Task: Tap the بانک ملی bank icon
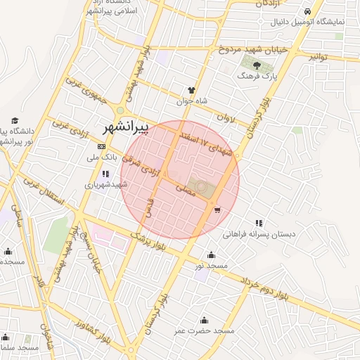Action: coord(101,146)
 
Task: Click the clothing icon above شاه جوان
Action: coord(191,90)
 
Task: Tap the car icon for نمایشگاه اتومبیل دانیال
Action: coord(308,11)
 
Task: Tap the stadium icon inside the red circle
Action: coord(202,187)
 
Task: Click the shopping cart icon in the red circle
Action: coord(217,210)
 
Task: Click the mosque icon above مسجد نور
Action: coord(211,255)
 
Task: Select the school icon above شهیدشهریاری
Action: coord(105,174)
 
